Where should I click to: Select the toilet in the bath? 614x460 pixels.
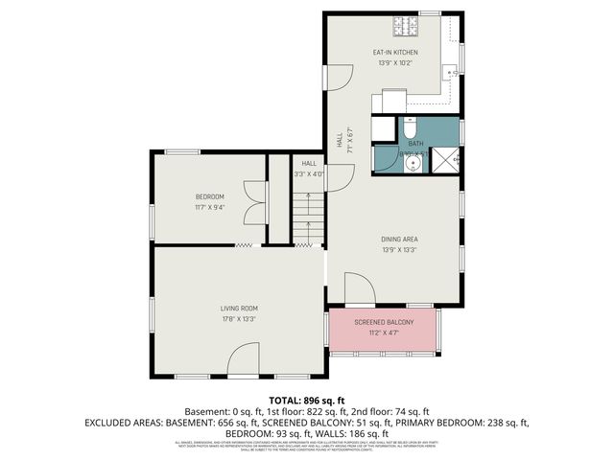410,127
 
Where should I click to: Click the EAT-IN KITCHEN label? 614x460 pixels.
394,53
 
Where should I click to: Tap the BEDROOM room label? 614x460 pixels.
209,196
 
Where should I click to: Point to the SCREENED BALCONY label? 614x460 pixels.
384,322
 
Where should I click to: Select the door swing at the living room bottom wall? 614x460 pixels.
243,362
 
